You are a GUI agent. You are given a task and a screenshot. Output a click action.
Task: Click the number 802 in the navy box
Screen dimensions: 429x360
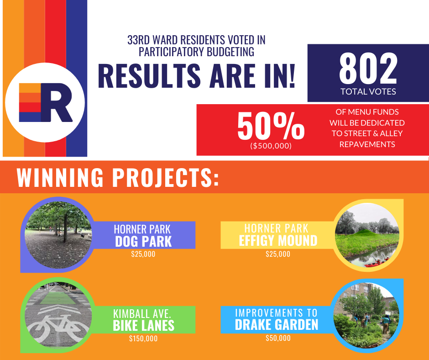tap(368, 69)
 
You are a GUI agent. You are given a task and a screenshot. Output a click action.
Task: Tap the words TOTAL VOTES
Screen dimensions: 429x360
tap(368, 91)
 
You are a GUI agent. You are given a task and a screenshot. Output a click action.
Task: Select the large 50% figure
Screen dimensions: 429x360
tap(271, 126)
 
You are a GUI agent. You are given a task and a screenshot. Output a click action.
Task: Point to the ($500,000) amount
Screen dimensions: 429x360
tap(271, 146)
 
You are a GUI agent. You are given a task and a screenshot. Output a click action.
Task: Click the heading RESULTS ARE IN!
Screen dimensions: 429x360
tap(196, 76)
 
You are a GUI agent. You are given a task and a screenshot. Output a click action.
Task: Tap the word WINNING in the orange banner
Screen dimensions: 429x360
tap(60, 177)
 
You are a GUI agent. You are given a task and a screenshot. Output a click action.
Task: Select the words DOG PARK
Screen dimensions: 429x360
tap(143, 241)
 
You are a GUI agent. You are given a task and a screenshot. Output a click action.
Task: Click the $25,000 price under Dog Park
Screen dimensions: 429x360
tap(143, 254)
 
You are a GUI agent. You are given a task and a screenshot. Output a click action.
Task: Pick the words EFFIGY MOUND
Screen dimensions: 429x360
tap(278, 241)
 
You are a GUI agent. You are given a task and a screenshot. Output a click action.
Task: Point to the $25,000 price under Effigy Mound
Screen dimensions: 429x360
tap(278, 254)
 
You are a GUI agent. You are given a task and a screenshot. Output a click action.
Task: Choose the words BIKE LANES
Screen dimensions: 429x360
tap(143, 325)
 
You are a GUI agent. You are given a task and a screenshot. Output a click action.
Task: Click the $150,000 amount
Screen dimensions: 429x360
tap(143, 339)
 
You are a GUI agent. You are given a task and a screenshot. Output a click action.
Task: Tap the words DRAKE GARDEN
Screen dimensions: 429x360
tap(277, 325)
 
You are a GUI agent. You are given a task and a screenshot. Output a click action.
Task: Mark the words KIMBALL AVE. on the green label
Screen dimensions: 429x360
tap(142, 313)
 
